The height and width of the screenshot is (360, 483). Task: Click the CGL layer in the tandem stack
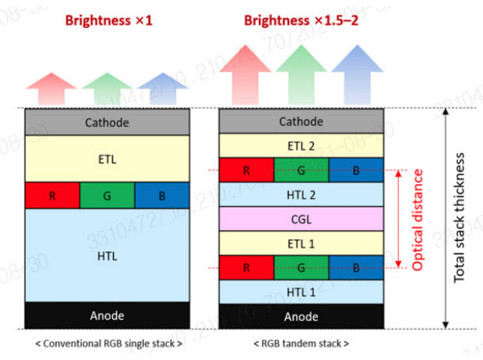[301, 220]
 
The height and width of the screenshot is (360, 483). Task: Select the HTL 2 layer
[301, 194]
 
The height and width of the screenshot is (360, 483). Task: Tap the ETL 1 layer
[301, 244]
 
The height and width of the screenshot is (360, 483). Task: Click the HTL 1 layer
[301, 292]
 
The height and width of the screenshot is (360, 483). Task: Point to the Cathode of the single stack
[107, 122]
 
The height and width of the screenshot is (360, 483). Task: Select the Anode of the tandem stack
[301, 316]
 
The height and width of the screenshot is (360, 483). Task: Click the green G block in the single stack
[107, 196]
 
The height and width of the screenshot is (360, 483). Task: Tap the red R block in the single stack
[52, 196]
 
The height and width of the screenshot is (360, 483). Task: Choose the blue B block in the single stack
[162, 196]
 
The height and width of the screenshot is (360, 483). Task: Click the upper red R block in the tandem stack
[246, 171]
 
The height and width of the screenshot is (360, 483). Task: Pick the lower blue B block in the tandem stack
[356, 268]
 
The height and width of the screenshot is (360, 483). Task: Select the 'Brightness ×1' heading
[109, 20]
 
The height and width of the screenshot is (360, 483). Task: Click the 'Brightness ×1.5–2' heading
[302, 20]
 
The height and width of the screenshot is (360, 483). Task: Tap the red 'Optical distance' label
[416, 220]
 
